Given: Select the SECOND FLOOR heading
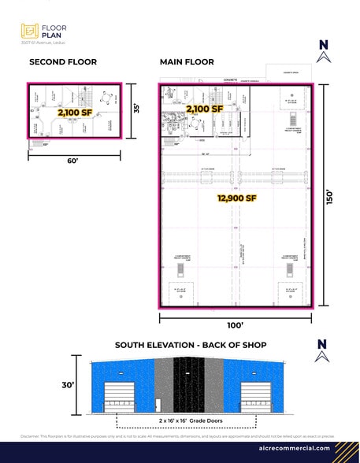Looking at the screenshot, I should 63,61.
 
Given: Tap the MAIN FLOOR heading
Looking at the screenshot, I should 187,61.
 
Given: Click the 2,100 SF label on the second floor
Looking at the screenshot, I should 75,113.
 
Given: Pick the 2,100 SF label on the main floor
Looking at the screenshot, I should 205,108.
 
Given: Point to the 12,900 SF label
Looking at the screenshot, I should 236,198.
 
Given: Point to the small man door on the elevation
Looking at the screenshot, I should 158,405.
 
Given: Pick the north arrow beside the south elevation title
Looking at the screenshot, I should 321,349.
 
